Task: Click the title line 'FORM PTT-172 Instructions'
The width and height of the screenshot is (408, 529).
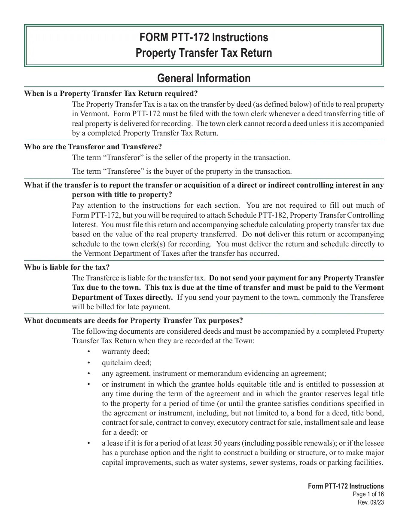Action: [x=204, y=38]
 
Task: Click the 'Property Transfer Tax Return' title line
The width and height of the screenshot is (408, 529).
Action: [x=204, y=53]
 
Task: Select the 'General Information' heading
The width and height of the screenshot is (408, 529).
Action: [x=204, y=78]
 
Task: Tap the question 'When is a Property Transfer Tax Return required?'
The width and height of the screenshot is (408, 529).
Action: [x=111, y=93]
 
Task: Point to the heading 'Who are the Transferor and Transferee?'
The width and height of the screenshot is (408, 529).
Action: [x=93, y=147]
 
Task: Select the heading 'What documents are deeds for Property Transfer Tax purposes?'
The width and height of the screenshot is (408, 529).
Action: [x=133, y=320]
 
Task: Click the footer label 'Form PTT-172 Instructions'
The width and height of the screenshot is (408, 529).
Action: [x=346, y=486]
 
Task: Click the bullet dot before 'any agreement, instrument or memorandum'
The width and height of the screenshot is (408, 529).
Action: [x=89, y=374]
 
